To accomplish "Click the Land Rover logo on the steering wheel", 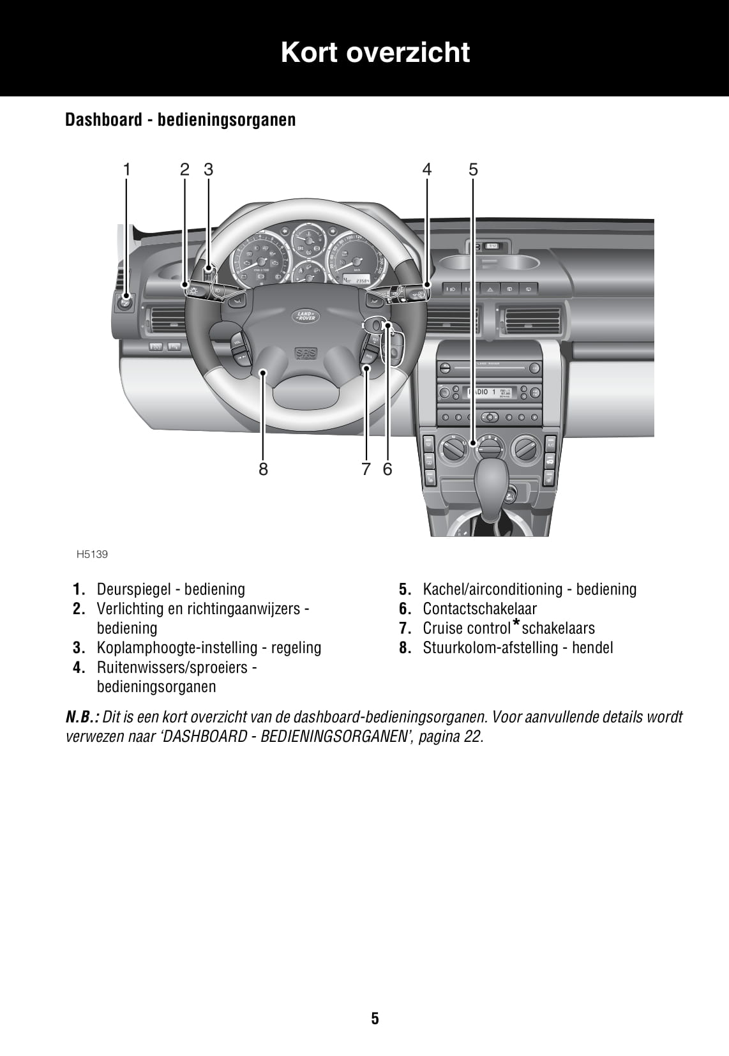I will [305, 315].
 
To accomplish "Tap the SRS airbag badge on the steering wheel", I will [306, 353].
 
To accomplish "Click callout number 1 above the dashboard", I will [126, 169].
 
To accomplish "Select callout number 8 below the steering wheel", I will [263, 469].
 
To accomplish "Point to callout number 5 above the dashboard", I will [473, 169].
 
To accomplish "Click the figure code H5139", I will [92, 554].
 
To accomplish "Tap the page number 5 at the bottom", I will [375, 1018].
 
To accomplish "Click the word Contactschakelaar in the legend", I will [479, 608].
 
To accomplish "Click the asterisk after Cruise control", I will [516, 624].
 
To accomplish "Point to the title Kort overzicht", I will [375, 52].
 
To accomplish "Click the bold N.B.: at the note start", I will [82, 717].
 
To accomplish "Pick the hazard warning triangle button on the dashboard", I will [490, 289].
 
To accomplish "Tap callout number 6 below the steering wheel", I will [387, 469].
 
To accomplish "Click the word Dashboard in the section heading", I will [103, 119].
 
